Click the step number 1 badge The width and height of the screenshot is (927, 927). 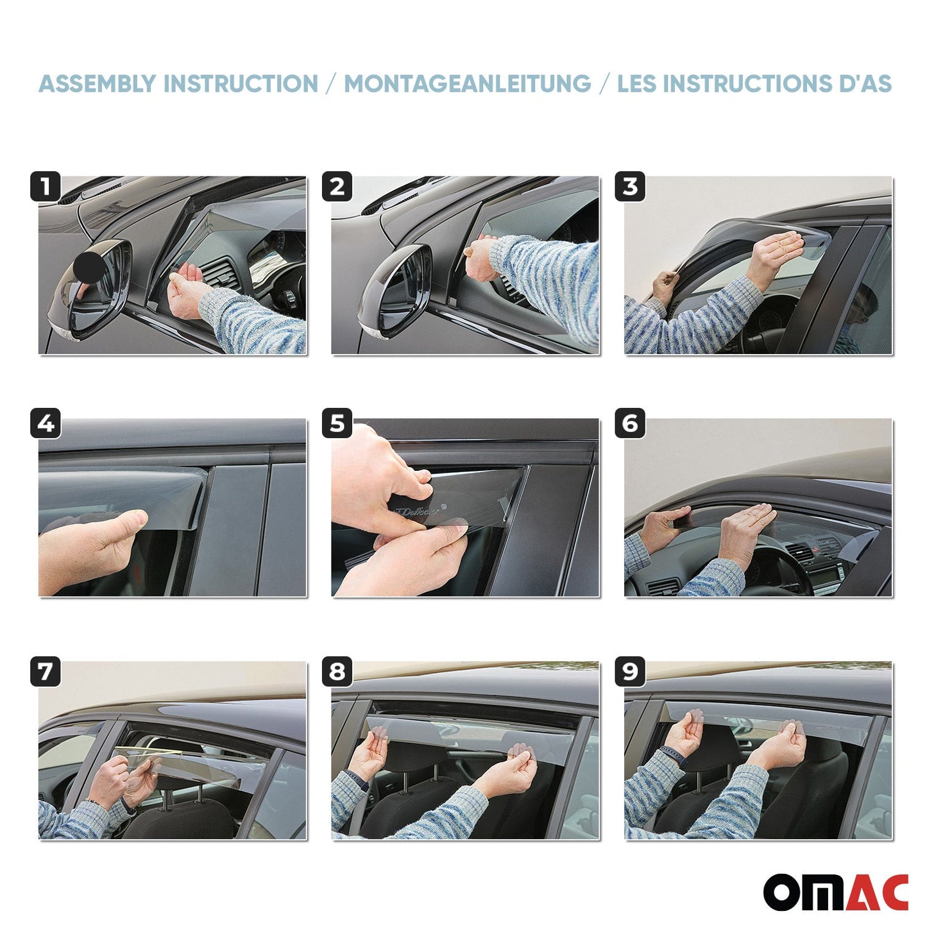click(x=45, y=187)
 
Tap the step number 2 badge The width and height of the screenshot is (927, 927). click(x=337, y=187)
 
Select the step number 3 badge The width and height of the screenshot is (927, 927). click(x=630, y=187)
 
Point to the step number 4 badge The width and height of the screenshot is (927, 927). click(x=45, y=423)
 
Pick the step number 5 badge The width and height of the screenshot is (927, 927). click(x=337, y=423)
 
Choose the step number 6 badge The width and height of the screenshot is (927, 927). click(x=630, y=423)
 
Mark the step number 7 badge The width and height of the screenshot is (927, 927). click(x=45, y=672)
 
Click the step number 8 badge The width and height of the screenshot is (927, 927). click(x=337, y=672)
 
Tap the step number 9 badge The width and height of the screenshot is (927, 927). click(x=630, y=672)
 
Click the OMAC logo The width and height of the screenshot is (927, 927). click(x=835, y=892)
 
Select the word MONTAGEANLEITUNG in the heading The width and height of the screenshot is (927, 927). click(x=467, y=84)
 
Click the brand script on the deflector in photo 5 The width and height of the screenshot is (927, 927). click(x=419, y=511)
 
